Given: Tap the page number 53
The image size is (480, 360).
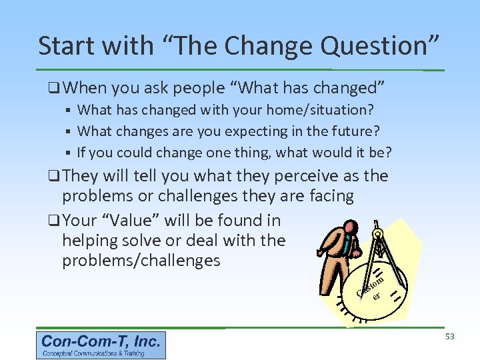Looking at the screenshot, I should coord(449,337).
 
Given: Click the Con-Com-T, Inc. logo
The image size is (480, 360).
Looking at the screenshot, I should coord(101,345).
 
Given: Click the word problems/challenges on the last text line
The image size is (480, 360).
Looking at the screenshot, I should coord(141,261).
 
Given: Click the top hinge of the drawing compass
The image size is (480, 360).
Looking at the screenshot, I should coord(377,233).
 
